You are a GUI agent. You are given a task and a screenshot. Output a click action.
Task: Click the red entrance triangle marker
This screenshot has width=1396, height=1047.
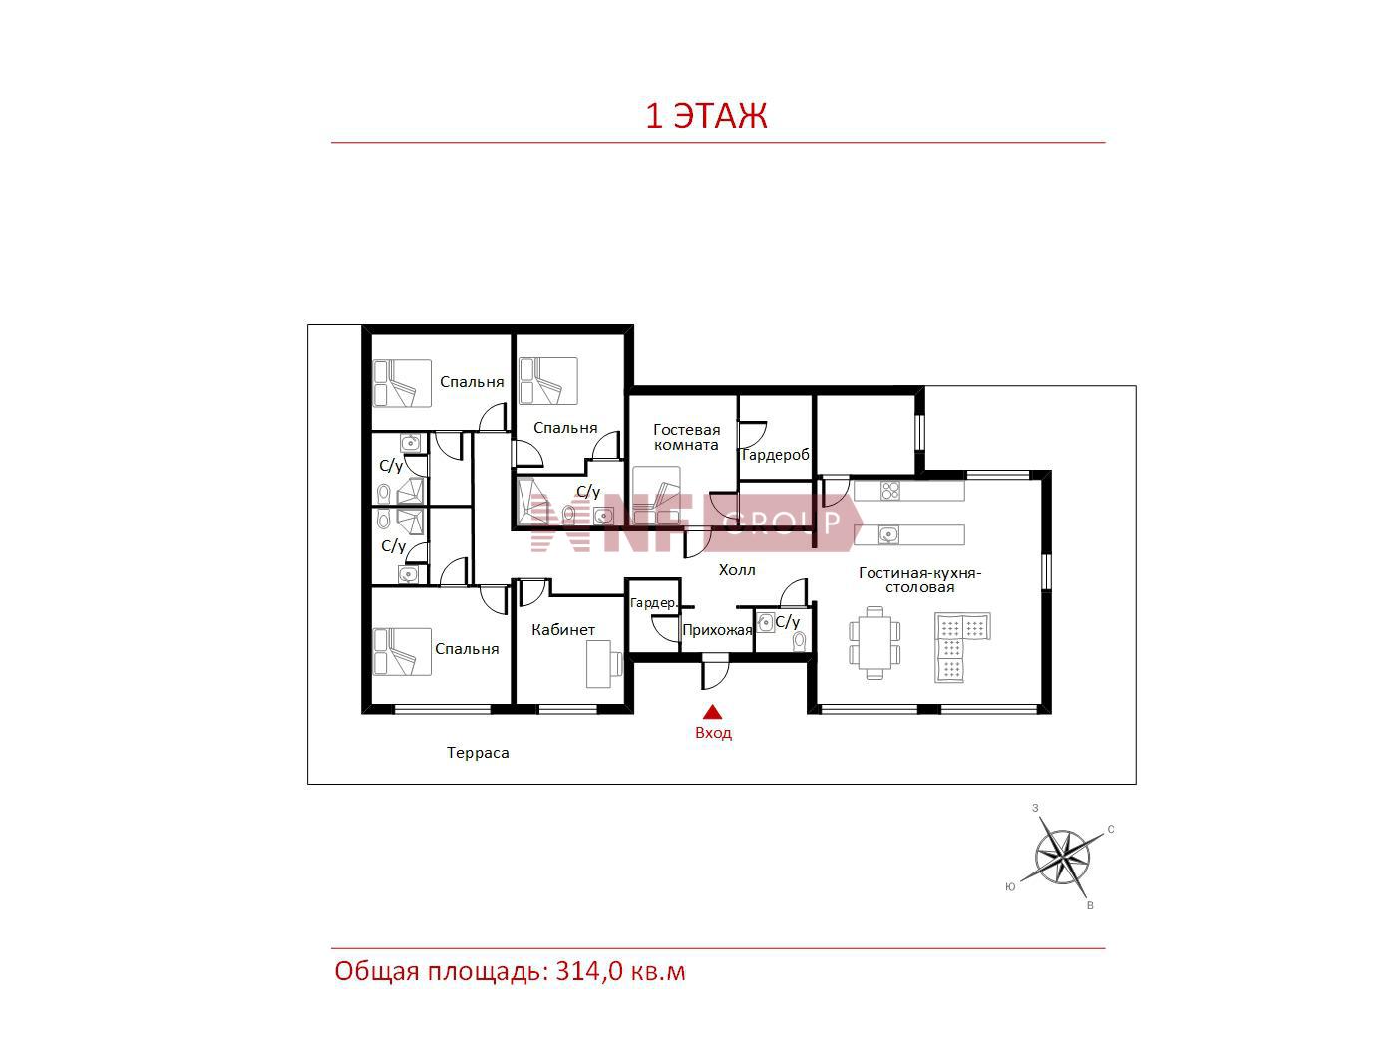[x=712, y=711]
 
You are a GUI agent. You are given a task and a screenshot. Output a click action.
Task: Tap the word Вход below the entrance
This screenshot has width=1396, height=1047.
[x=713, y=733]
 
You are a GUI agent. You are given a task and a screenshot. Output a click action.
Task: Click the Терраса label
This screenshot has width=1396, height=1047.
[x=478, y=753]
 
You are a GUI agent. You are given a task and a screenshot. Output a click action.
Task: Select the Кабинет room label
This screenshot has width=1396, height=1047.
[x=563, y=630]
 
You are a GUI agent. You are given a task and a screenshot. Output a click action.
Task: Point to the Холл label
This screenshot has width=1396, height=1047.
[x=737, y=570]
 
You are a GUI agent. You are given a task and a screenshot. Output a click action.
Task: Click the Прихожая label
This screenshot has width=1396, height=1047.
[x=717, y=630]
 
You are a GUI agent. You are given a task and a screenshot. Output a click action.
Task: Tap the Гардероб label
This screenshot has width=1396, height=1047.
[x=775, y=455]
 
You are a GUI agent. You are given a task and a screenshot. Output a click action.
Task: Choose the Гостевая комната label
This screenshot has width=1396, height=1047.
[x=687, y=438]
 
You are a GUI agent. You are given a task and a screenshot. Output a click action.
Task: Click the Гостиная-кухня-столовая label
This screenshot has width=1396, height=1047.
[x=919, y=580]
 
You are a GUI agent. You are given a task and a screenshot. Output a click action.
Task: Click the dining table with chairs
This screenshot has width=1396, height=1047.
[x=875, y=643]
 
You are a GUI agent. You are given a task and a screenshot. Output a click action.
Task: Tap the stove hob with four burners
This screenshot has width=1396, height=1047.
[x=890, y=491]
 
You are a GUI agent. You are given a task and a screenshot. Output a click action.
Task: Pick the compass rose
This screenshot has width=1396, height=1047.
[x=1062, y=857]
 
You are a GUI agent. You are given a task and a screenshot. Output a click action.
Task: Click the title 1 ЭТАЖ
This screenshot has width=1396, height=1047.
[x=707, y=116]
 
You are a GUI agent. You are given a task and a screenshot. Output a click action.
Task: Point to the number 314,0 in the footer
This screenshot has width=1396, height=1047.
[x=589, y=971]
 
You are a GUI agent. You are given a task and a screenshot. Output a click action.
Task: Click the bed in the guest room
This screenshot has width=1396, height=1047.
[x=656, y=496]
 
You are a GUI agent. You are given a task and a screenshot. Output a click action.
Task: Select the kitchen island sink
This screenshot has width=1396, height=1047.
[x=889, y=534]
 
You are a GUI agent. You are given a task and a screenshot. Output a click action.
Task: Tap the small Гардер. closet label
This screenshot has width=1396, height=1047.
[x=653, y=603]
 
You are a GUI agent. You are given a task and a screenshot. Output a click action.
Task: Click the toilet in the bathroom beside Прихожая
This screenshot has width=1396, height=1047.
[x=799, y=641]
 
